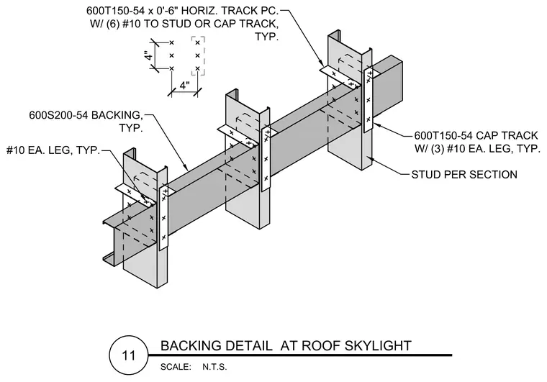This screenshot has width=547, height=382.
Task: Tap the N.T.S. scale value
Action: [x=214, y=367]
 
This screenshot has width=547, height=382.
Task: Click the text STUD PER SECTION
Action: [x=464, y=174]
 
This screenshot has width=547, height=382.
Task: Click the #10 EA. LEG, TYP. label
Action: [x=53, y=150]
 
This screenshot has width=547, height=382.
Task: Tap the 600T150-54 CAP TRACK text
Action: [x=476, y=135]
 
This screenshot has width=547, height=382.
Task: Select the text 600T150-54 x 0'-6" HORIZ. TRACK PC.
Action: [x=182, y=11]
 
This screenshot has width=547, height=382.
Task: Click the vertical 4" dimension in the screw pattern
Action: [x=149, y=56]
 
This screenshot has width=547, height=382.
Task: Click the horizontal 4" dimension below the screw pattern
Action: [x=184, y=85]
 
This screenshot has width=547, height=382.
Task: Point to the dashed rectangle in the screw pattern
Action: [x=198, y=56]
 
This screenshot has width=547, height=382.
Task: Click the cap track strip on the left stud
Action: [x=163, y=219]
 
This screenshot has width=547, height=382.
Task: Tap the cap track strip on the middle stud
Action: [x=266, y=159]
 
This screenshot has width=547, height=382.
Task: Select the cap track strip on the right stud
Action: [x=369, y=101]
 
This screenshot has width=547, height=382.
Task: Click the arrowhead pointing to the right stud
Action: [x=371, y=159]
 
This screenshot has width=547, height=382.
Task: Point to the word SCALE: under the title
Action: [x=176, y=367]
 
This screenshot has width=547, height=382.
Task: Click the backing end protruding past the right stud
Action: [x=387, y=87]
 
